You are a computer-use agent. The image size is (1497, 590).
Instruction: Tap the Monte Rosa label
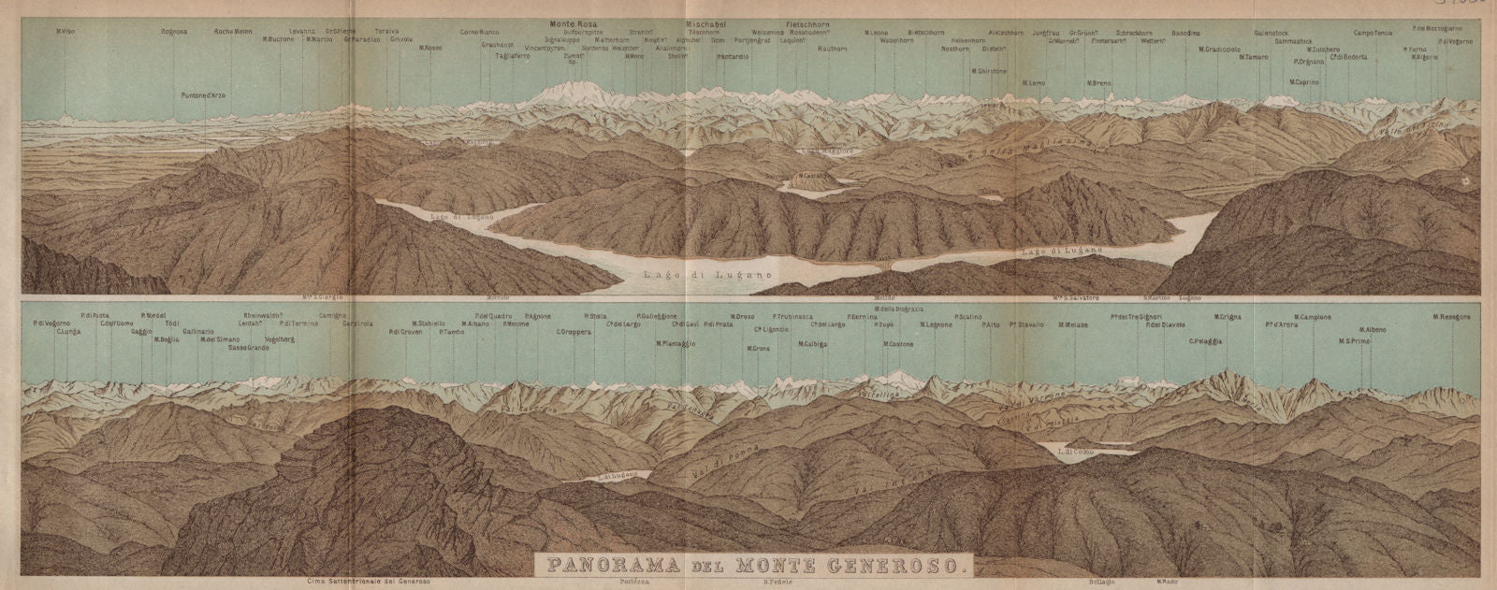tap(572, 22)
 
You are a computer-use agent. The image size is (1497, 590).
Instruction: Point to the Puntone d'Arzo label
tap(203, 95)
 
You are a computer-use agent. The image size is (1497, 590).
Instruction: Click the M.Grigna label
tap(1227, 317)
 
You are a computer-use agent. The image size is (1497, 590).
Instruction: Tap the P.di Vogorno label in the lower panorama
tap(46, 324)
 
